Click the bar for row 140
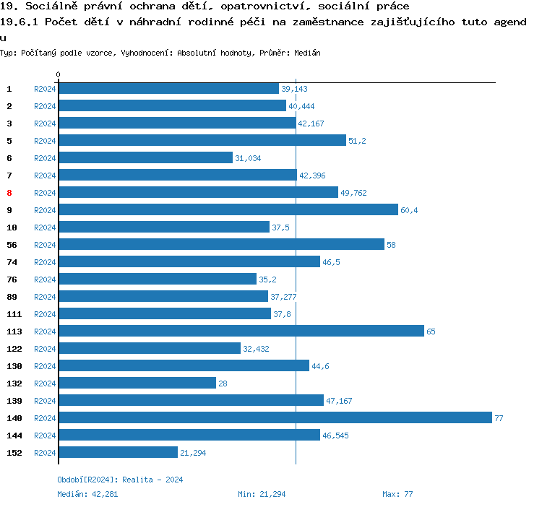click(275, 418)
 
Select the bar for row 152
click(118, 453)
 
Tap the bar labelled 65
click(241, 331)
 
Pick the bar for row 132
click(137, 383)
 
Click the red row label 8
click(9, 193)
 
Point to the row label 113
click(14, 331)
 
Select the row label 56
click(12, 245)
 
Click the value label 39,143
click(294, 89)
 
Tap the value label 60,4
click(410, 210)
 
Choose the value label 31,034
click(248, 158)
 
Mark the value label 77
click(499, 418)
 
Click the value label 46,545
click(336, 435)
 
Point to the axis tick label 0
click(58, 74)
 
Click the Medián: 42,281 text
click(87, 494)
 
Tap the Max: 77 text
click(397, 494)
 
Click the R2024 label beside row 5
click(45, 141)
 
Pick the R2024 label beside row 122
click(45, 349)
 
